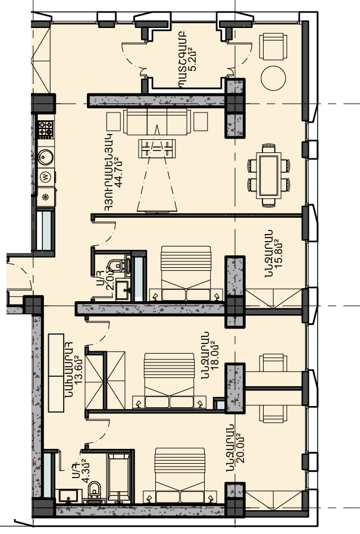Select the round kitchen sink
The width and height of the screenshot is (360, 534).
pyautogui.click(x=46, y=157)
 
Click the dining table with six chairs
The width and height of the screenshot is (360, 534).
pyautogui.click(x=269, y=176)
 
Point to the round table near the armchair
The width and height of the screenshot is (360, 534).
pyautogui.click(x=273, y=78)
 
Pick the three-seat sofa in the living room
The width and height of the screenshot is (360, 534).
pyautogui.click(x=157, y=121)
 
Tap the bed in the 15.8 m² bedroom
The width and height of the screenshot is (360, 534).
pyautogui.click(x=186, y=273)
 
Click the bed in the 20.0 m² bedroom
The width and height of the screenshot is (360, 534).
pyautogui.click(x=180, y=475)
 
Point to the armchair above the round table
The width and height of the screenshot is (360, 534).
pyautogui.click(x=273, y=46)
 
